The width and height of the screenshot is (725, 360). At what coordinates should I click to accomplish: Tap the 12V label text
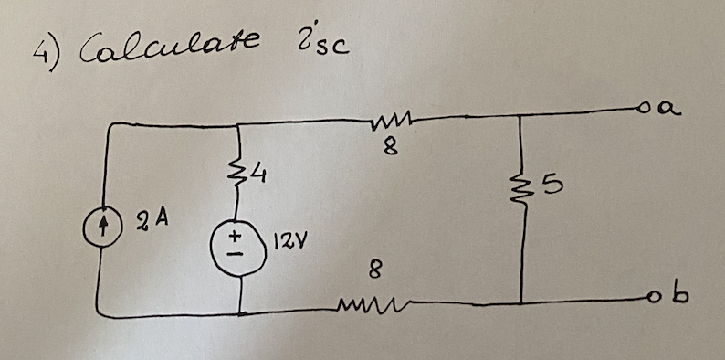coord(282,244)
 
